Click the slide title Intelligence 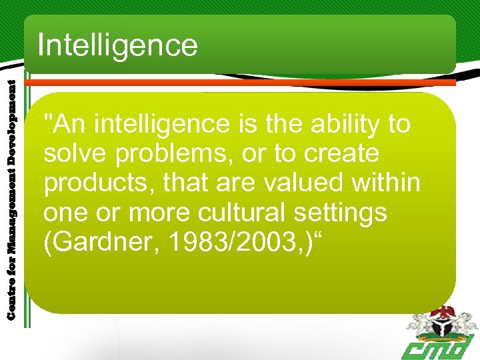[118, 45]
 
